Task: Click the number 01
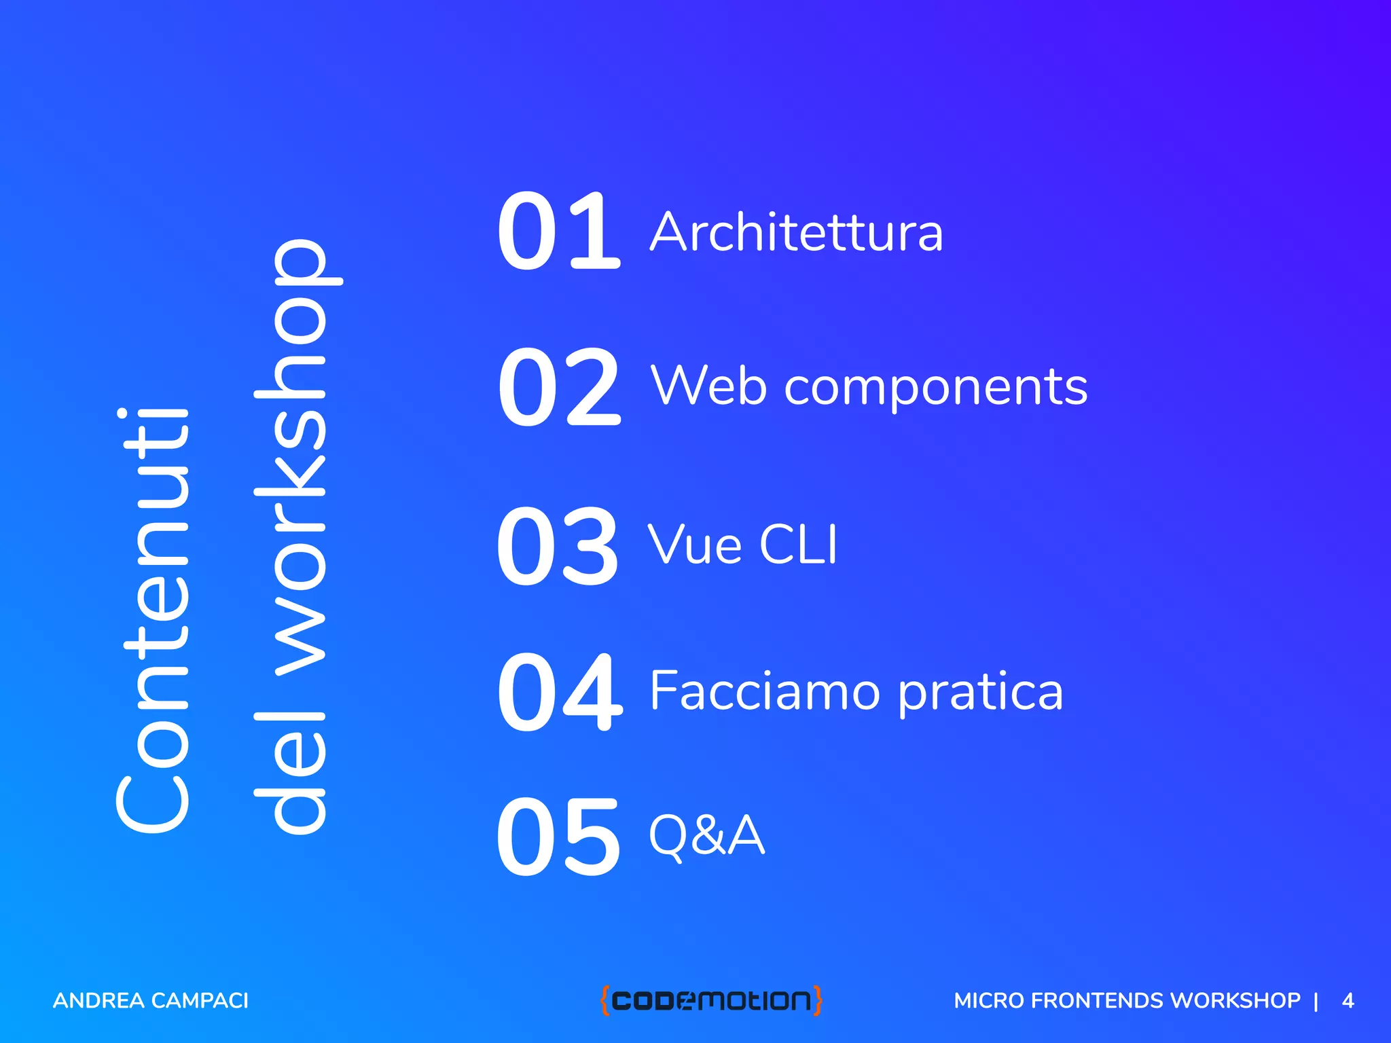(x=558, y=232)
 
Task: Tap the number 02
(x=558, y=388)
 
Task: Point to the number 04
(x=559, y=693)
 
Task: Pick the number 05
(x=558, y=837)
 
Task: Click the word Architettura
(x=796, y=232)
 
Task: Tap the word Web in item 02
(x=708, y=386)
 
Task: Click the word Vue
(x=694, y=545)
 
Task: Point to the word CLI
(x=798, y=545)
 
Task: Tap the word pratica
(x=980, y=693)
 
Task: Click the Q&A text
(x=706, y=835)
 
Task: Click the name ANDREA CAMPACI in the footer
(x=151, y=1000)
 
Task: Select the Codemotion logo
(x=711, y=1000)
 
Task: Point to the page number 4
(x=1348, y=1000)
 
